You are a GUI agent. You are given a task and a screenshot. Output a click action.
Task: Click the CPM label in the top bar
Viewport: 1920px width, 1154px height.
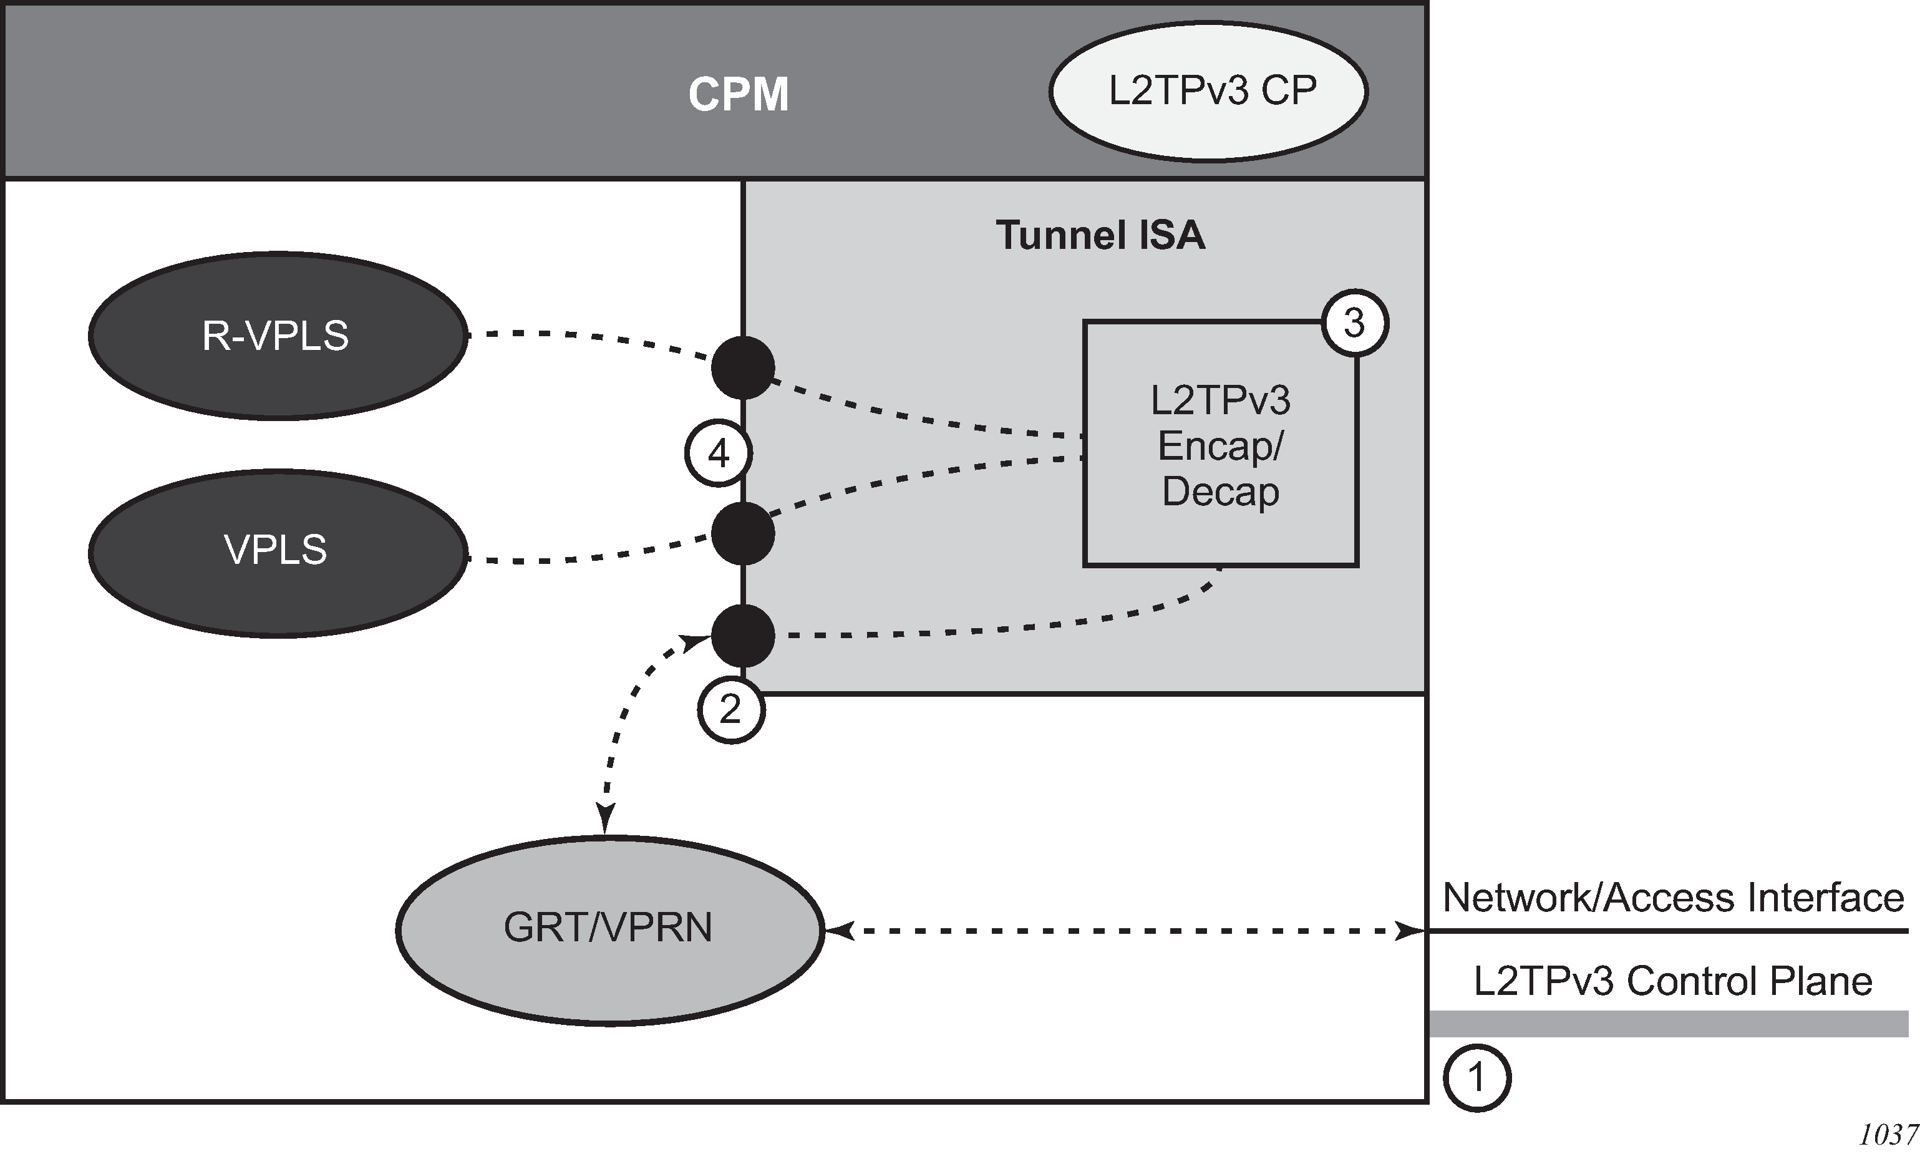tap(738, 94)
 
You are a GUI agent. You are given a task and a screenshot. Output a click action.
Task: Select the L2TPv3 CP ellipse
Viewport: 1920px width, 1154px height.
tap(1208, 92)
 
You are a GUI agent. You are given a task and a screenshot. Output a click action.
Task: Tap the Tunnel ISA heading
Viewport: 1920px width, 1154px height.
tap(1100, 235)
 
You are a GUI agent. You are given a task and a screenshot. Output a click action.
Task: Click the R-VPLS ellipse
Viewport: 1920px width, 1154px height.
tap(278, 336)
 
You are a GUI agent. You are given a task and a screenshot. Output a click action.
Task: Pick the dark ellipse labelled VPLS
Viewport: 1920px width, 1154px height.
tap(278, 553)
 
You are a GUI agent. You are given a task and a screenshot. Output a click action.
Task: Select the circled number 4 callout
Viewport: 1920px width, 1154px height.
tap(718, 453)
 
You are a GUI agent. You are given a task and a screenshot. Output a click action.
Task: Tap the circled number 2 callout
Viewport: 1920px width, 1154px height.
tap(731, 709)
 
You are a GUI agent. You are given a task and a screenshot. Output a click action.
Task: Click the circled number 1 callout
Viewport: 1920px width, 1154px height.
tap(1476, 1078)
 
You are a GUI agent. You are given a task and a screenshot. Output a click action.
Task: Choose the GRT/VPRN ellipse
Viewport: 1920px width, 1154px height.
tap(609, 929)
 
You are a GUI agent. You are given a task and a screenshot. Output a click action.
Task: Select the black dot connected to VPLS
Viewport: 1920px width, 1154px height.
tap(743, 533)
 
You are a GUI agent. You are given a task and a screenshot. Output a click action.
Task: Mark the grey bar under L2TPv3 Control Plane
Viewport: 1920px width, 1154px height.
tap(1668, 1024)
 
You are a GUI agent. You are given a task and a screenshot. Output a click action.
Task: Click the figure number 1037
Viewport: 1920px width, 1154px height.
tap(1888, 1135)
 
